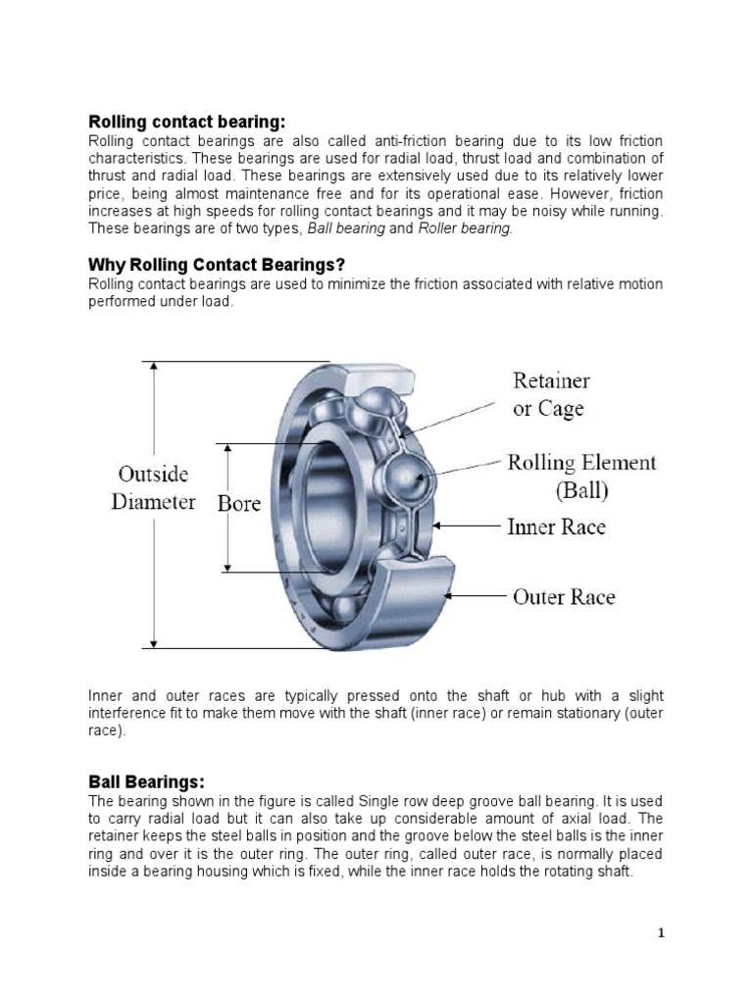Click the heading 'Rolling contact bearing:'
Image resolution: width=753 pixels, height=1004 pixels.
[186, 122]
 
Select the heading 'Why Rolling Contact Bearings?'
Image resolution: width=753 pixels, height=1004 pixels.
[217, 265]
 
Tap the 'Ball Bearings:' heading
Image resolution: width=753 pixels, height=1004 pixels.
[146, 781]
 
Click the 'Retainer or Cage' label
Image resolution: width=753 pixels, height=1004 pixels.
[551, 394]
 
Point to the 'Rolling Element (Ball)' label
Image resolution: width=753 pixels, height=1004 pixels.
[581, 476]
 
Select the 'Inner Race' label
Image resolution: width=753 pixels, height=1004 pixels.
[556, 527]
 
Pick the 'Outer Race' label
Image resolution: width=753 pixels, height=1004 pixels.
[564, 596]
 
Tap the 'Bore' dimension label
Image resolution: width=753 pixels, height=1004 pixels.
[238, 504]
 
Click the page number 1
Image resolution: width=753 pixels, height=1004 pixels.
[661, 933]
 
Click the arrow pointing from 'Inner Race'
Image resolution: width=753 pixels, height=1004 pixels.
[468, 527]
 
